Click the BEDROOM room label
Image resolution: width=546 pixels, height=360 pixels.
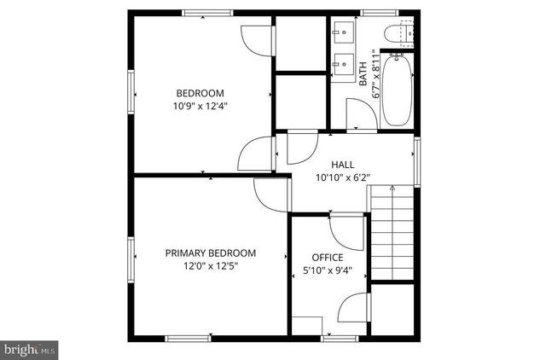click(200, 93)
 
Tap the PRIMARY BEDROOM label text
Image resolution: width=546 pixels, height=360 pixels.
click(211, 253)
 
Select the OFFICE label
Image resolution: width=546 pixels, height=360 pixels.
click(327, 258)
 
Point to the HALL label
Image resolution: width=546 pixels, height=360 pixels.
click(342, 165)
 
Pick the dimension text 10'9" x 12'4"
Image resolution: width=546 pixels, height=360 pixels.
click(200, 107)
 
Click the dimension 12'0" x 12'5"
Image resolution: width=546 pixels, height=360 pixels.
click(210, 266)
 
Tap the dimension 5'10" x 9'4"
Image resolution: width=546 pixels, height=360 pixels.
click(327, 272)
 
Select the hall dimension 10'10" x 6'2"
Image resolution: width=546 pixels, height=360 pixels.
click(342, 178)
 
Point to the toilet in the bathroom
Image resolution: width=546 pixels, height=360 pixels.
click(398, 34)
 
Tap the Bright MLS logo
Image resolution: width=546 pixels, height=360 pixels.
click(30, 348)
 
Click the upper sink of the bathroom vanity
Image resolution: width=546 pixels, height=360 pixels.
click(345, 35)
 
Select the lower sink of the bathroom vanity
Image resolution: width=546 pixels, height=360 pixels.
click(345, 64)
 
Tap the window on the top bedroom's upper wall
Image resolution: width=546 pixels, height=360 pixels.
click(207, 13)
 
